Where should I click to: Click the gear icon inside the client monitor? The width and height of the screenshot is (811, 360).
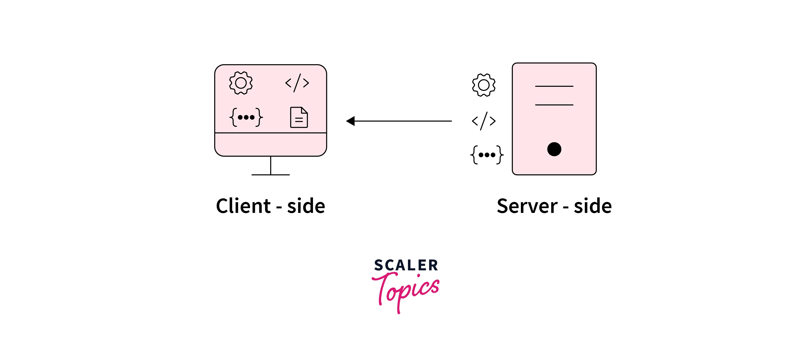[x=241, y=83]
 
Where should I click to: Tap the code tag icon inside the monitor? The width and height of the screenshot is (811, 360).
[x=297, y=83]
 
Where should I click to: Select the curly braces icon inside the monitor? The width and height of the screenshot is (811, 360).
[x=246, y=117]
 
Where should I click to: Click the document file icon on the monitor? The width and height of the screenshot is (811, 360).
[x=299, y=117]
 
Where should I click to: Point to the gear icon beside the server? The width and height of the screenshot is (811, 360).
[x=483, y=85]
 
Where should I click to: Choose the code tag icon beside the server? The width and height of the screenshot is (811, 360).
[x=483, y=121]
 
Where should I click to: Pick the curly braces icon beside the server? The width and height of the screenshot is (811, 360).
[x=487, y=155]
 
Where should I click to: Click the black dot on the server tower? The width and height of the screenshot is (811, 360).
[x=554, y=149]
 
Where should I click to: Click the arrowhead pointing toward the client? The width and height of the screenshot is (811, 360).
[x=351, y=121]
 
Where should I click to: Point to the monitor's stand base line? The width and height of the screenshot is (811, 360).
[x=270, y=175]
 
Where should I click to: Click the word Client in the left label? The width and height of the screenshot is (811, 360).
[x=243, y=206]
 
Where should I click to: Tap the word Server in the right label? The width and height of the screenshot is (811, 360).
[x=527, y=206]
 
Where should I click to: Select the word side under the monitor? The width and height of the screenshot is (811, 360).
[x=306, y=206]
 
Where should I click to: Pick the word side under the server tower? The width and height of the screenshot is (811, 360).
[x=593, y=206]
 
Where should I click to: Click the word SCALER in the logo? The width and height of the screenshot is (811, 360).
[x=406, y=265]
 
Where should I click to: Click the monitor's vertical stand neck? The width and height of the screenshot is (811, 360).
[x=270, y=165]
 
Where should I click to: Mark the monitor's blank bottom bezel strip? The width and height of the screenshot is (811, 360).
[x=270, y=144]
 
